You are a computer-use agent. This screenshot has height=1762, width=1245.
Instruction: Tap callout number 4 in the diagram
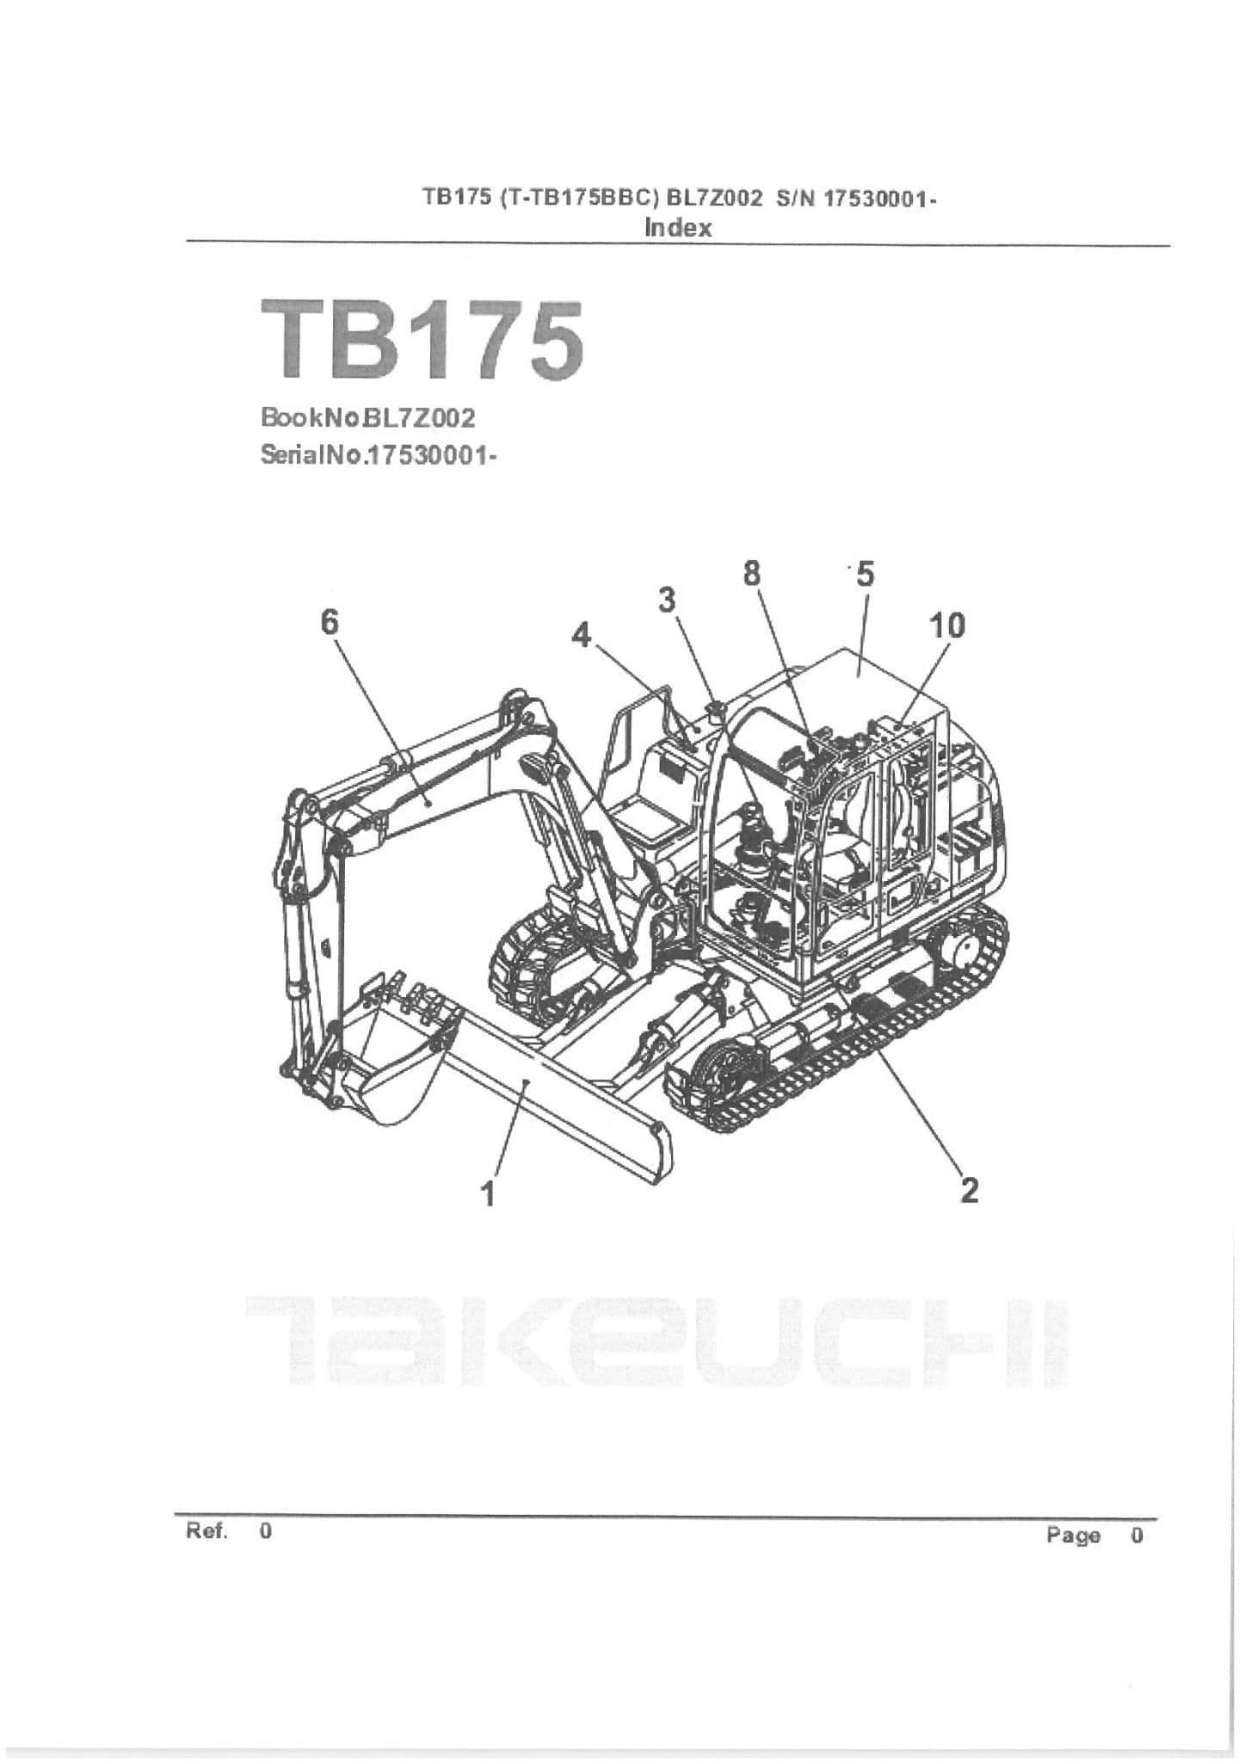point(582,636)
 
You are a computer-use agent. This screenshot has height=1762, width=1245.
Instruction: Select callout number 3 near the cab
point(667,600)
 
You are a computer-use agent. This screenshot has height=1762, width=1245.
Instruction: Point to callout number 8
point(752,572)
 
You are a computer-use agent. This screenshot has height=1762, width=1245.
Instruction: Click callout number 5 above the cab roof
point(865,573)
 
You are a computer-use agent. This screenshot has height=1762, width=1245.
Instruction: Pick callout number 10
point(947,625)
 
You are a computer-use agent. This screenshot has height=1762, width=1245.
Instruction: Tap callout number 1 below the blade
point(489,1193)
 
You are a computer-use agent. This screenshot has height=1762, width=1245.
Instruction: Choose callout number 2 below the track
point(969,1190)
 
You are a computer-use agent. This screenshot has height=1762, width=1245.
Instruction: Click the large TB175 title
point(422,342)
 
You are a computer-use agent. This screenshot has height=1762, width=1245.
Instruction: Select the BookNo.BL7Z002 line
point(367,419)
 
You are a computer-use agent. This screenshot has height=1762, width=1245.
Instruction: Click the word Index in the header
point(678,228)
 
